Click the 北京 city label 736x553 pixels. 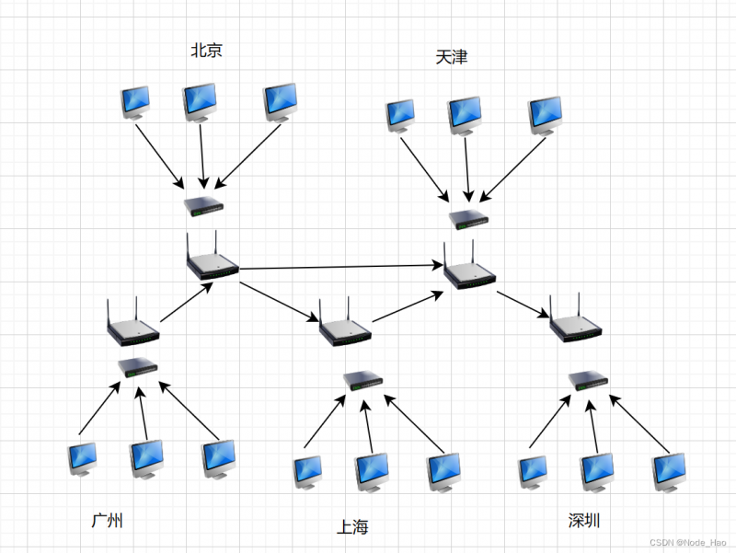tap(206, 51)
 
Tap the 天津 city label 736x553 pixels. tap(452, 57)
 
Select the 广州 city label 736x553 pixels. tap(108, 521)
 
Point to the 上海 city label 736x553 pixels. tap(352, 527)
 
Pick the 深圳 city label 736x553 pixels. tap(584, 521)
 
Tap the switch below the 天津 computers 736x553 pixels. tap(470, 219)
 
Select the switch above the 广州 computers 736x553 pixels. tap(138, 368)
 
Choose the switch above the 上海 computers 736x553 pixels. tap(363, 379)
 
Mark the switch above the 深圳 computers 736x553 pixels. tap(588, 379)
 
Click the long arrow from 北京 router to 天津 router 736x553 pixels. tap(340, 267)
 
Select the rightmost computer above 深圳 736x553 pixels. tap(669, 472)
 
